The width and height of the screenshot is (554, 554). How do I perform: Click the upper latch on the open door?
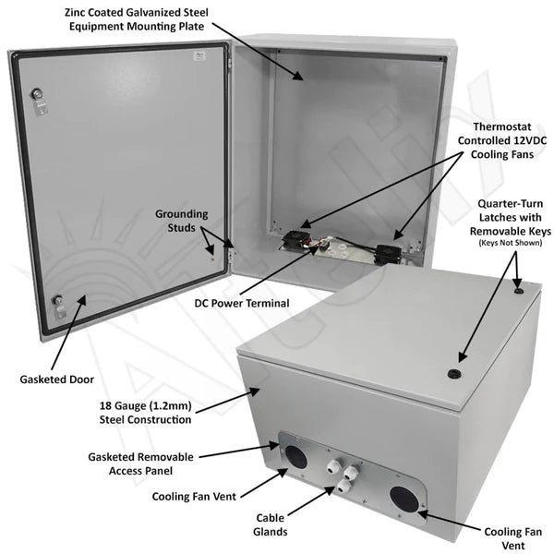coord(39,101)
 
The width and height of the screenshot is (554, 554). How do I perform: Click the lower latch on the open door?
coord(59,307)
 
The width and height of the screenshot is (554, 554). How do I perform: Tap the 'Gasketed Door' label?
coord(56,379)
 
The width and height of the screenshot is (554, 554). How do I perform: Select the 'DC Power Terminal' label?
coord(242,303)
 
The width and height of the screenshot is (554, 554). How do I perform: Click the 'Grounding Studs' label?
coord(182,221)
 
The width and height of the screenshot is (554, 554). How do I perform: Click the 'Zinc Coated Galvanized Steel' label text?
coord(137,12)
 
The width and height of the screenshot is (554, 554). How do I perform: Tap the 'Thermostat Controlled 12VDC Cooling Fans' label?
coord(502,140)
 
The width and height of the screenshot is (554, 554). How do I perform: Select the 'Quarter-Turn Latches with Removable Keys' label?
coord(511,217)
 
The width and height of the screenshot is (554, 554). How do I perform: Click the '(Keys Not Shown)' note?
coord(511,243)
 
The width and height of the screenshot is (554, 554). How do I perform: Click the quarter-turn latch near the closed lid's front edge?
coord(453,373)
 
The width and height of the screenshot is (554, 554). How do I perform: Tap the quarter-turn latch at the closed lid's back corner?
coord(518,291)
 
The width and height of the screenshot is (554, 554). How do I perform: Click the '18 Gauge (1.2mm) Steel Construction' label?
coord(145,413)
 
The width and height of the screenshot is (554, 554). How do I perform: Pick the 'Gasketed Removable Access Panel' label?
coord(140,464)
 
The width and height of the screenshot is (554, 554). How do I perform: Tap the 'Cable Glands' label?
coord(271,524)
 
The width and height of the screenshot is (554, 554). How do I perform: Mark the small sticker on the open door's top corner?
coord(200,55)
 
